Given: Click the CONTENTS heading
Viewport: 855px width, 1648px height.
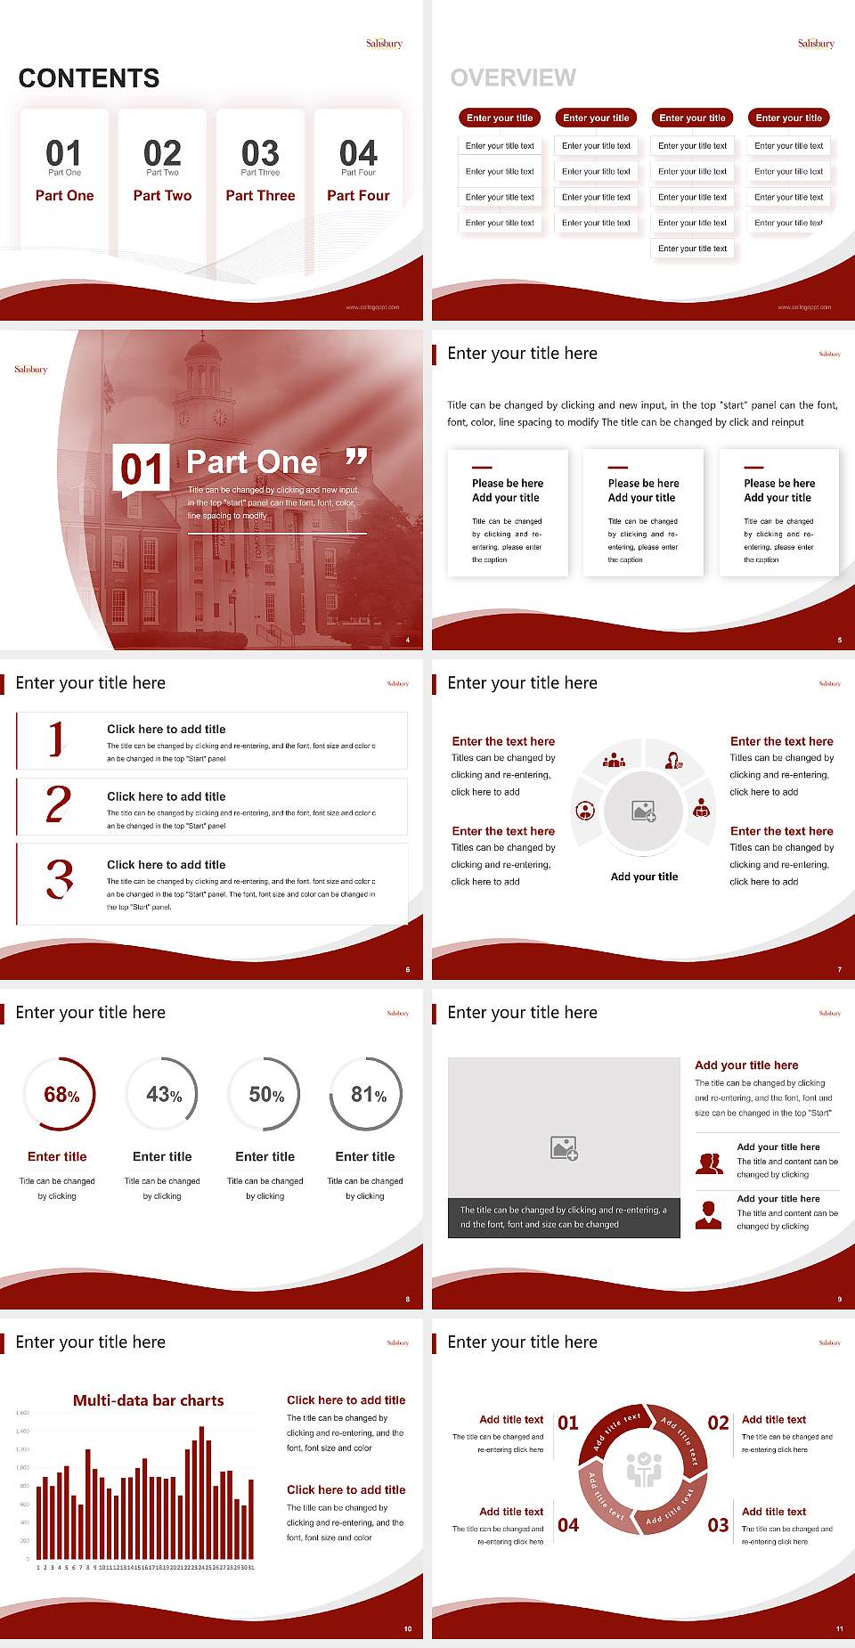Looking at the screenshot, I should coord(89,78).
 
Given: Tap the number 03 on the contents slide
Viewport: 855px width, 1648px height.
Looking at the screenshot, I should coord(260,153).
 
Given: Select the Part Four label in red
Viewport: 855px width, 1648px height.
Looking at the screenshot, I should coord(358,196).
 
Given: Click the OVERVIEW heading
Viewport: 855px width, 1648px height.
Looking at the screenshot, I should coord(513,78).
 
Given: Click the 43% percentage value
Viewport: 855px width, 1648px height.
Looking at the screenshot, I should coord(163,1095).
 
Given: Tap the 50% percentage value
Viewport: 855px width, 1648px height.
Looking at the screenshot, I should coord(265,1095).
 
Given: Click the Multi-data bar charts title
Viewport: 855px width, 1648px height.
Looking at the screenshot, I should coord(149,1400).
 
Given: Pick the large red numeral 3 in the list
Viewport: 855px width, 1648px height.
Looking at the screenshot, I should coord(60,878).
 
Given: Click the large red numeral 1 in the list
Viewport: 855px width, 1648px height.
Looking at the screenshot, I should coord(57,739).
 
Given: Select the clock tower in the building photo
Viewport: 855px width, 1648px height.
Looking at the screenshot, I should coord(202,392).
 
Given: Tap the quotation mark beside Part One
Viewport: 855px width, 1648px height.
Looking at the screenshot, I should coord(356,458).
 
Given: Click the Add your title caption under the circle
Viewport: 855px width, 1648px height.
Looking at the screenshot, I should coord(644,877).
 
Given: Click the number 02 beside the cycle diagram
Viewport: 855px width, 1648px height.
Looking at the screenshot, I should coord(718,1424).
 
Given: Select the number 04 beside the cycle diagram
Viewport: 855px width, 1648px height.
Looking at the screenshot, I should coord(568,1526).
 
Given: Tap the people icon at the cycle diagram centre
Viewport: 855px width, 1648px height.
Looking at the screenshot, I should coord(644,1470).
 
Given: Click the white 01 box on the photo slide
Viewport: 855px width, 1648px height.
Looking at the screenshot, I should coord(142,469).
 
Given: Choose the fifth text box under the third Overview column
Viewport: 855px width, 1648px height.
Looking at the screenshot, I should coord(692,249).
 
